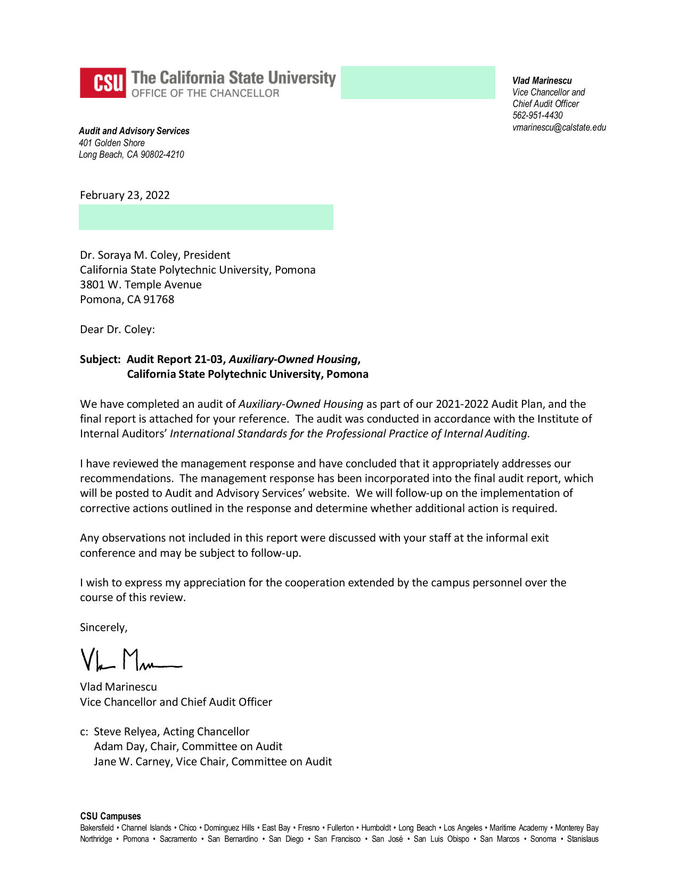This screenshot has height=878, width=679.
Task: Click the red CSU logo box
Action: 103,83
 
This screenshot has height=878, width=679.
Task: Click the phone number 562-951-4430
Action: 537,116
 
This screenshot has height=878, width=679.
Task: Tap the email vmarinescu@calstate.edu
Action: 559,127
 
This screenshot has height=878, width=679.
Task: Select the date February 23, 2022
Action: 125,195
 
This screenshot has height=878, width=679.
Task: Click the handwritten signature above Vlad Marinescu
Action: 130,660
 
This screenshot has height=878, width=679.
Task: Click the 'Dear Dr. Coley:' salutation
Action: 117,329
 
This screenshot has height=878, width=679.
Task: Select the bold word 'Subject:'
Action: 100,359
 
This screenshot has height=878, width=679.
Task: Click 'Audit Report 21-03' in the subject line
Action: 175,359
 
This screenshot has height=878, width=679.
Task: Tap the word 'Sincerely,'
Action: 103,627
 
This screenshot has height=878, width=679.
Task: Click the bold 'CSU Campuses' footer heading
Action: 110,816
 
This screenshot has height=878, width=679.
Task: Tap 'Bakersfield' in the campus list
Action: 97,828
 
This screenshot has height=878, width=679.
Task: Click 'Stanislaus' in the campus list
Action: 583,839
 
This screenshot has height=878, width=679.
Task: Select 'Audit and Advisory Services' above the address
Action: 134,131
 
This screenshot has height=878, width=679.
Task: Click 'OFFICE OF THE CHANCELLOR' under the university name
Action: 205,93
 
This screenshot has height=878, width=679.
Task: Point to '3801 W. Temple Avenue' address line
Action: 141,284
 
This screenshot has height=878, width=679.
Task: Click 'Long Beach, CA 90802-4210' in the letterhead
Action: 131,154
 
